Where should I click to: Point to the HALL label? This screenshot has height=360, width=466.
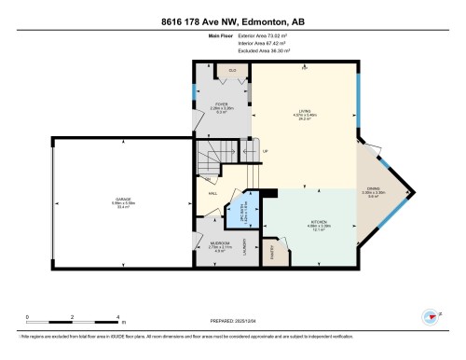coord(213,193)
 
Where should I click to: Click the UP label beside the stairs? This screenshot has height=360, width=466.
coord(265,151)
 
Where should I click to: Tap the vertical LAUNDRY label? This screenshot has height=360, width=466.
coord(244,249)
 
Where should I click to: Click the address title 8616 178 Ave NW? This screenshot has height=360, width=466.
coord(232,20)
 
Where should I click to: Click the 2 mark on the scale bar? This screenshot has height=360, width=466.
coord(55,317)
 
